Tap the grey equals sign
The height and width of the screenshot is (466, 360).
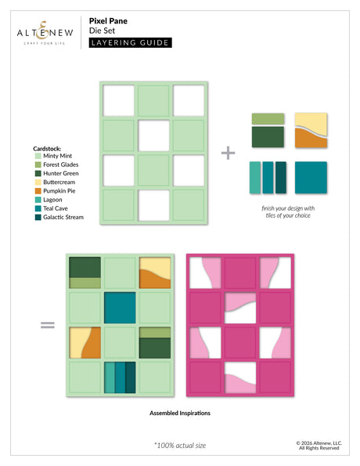click(x=48, y=323)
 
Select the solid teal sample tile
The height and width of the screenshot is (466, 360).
click(x=311, y=177)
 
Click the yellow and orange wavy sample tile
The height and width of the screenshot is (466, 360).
click(x=311, y=129)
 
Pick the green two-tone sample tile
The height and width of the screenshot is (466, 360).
click(x=268, y=129)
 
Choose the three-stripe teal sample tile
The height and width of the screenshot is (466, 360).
click(x=268, y=177)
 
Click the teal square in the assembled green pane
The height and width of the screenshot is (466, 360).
click(x=120, y=306)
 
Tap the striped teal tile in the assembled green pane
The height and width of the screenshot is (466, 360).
click(x=120, y=376)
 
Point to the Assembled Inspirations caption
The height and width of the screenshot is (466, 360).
click(x=180, y=412)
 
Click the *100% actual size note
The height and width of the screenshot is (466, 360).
click(x=179, y=445)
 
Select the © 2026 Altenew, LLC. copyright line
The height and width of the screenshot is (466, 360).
click(x=318, y=443)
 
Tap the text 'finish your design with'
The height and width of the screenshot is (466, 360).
click(x=289, y=208)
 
